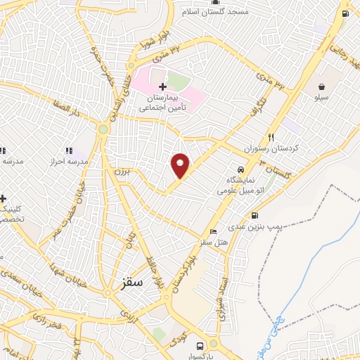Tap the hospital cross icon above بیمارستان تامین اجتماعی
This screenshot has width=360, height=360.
click(x=163, y=86)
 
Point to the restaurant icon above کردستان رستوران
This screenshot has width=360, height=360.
click(x=270, y=138)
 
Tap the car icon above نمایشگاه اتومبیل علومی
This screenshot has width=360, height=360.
click(x=240, y=169)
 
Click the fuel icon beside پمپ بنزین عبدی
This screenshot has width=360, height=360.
click(x=255, y=216)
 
